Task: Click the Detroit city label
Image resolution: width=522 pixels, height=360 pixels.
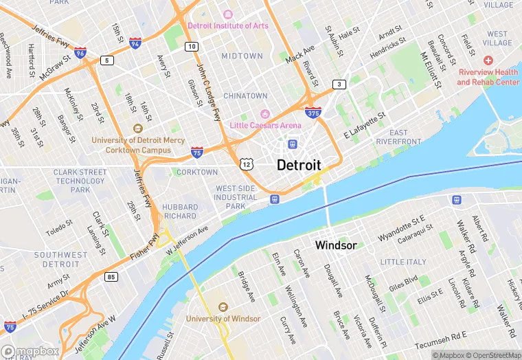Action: coord(299,166)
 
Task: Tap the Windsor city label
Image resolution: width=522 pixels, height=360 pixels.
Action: coord(335,245)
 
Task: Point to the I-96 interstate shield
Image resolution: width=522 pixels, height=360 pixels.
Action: coord(80,52)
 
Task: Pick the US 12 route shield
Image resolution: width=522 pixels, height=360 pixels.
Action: coord(246,164)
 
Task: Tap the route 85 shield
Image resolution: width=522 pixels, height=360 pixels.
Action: coord(111,277)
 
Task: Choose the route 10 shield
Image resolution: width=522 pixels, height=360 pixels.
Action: coord(192,46)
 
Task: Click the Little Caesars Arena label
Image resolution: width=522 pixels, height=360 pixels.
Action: coord(265,125)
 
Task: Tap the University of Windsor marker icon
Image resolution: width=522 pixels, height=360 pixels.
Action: coord(223,306)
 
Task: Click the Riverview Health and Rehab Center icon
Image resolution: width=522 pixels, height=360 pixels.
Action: coord(488,61)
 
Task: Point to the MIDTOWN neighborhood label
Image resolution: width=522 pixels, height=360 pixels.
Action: coord(242,56)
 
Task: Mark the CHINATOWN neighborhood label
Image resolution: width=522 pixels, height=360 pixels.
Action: coord(245,95)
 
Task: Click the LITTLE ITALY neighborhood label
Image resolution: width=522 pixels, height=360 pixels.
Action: coord(402,262)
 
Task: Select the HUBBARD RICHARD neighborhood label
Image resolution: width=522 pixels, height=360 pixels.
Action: coord(180,211)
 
